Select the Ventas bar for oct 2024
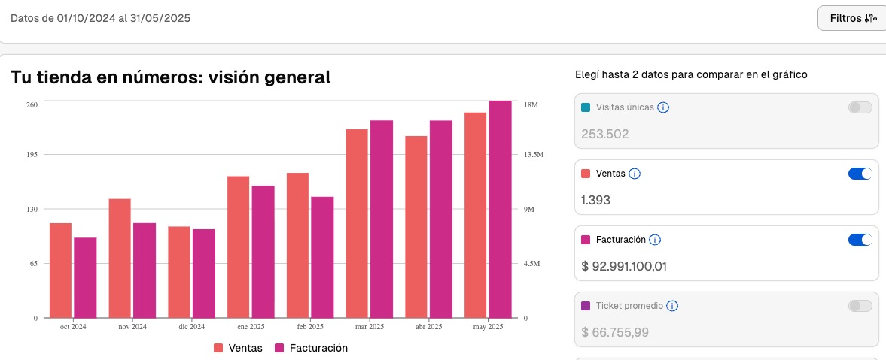pos(60,271)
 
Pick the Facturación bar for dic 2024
pos(203,274)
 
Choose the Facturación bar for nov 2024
pos(145,271)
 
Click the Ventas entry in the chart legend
pos(238,348)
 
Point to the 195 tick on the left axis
pos(32,155)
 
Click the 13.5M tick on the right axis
pos(534,155)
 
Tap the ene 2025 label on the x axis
pos(251,327)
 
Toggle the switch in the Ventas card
pos(860,174)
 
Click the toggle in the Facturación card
pos(860,240)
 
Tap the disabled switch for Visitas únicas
pos(860,107)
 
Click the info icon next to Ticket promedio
pos(672,306)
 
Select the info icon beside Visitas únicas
pos(663,107)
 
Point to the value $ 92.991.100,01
pos(624,266)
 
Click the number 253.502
pos(604,134)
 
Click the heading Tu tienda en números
pos(171,77)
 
